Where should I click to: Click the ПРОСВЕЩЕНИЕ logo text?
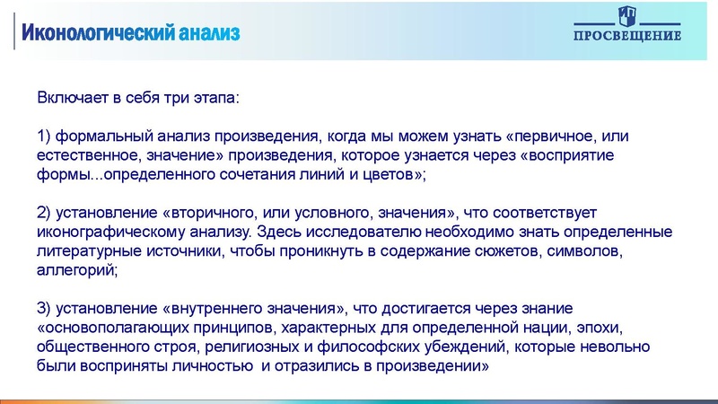(627, 36)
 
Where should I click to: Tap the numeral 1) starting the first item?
(44, 136)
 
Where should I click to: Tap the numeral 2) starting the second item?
(44, 213)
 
